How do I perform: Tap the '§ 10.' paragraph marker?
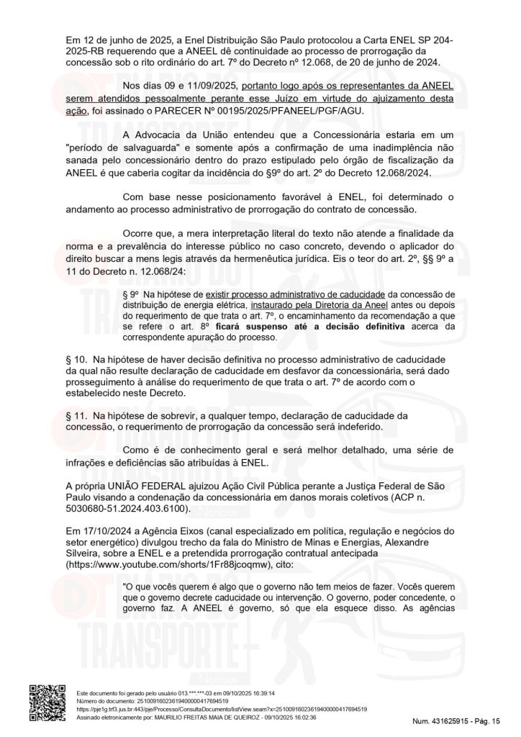coord(75,358)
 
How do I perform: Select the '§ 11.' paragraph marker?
coord(75,416)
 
